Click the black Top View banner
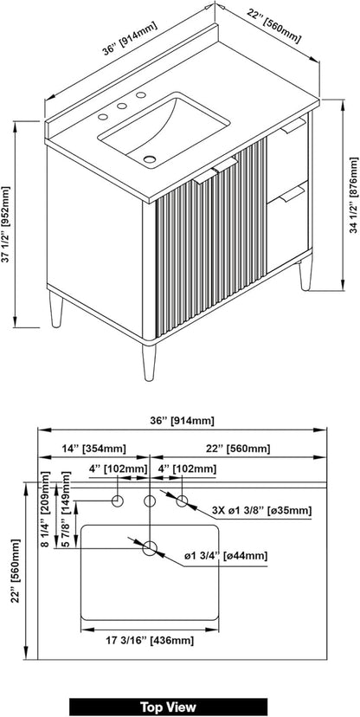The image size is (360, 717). (168, 707)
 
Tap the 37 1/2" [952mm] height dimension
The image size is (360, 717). (5, 224)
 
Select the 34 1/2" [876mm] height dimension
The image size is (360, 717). (354, 195)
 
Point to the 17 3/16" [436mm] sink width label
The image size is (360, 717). (149, 641)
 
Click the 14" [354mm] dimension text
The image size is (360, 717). (93, 449)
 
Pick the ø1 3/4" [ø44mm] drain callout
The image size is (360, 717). (226, 556)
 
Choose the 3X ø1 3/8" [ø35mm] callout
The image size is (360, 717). (262, 510)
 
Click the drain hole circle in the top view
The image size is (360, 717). (150, 548)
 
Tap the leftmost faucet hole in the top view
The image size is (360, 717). (118, 501)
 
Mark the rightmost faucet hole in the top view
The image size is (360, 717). (182, 501)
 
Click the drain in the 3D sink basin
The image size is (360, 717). (150, 159)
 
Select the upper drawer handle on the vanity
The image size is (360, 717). (292, 126)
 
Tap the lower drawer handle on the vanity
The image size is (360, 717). (292, 194)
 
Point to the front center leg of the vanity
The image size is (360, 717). (149, 362)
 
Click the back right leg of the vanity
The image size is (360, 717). (305, 275)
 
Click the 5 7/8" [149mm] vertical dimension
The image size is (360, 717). (66, 510)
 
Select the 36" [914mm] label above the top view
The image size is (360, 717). (183, 421)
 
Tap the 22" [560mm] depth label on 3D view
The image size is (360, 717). (273, 26)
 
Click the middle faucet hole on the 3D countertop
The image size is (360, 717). (121, 107)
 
